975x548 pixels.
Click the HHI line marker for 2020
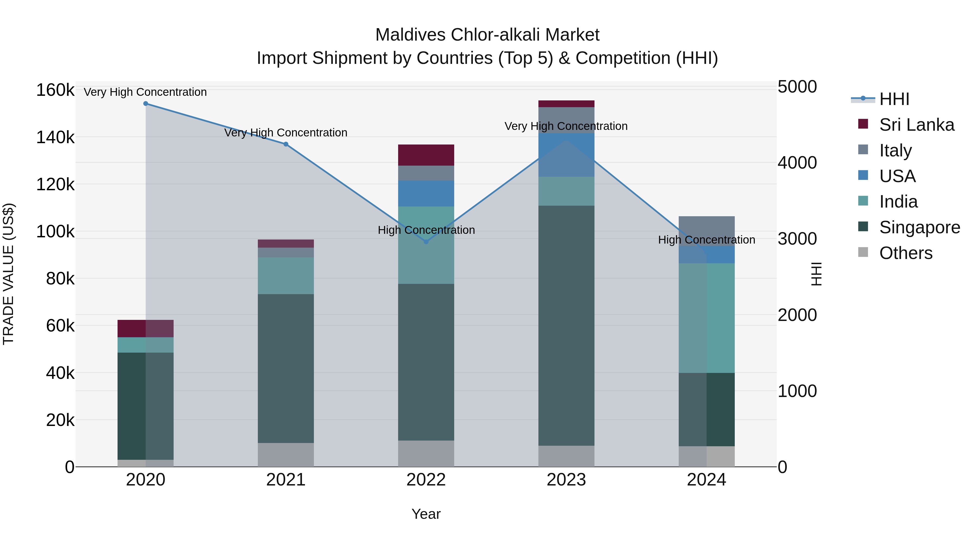146,104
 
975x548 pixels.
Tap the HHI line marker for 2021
286,144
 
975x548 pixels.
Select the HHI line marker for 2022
426,242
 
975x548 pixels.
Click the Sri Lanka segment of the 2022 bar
426,155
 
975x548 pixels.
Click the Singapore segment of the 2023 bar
566,325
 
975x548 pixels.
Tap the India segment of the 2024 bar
707,318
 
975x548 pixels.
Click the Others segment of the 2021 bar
286,455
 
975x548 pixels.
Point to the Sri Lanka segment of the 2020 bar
146,328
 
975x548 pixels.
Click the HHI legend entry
894,99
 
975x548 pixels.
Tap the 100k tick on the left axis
55,231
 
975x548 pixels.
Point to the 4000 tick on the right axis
797,163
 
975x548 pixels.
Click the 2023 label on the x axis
566,480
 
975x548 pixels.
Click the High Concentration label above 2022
426,230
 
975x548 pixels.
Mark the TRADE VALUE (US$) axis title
9,274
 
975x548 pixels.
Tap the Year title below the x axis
426,514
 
